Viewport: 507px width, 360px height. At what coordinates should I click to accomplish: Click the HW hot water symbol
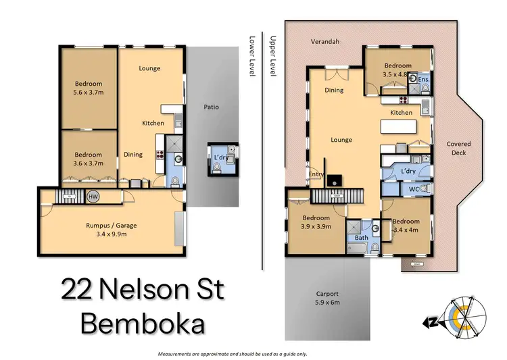tap(93, 197)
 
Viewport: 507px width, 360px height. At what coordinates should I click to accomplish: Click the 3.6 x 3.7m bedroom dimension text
tap(88, 163)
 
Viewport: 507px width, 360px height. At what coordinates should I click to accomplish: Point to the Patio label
tap(212, 107)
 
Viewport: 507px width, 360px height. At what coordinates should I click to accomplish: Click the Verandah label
tap(324, 41)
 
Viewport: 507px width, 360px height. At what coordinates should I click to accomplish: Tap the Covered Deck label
tap(458, 148)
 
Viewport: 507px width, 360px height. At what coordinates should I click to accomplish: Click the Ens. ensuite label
tap(424, 79)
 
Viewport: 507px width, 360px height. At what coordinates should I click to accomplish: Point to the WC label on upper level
tap(414, 189)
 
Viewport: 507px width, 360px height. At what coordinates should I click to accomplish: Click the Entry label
tap(316, 174)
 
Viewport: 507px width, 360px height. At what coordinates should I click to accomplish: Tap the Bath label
tap(362, 238)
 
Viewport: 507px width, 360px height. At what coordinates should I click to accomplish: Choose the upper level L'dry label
tap(408, 172)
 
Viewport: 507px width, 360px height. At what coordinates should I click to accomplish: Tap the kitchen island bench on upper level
tap(406, 126)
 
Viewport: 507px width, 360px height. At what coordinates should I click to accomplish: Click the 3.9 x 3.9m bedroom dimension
tap(316, 228)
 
